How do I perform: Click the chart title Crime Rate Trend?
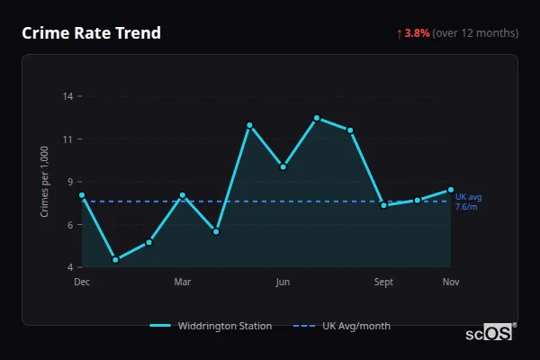click(91, 33)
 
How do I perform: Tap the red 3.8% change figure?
click(417, 33)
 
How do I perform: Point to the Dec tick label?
click(82, 282)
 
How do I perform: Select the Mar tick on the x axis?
click(183, 282)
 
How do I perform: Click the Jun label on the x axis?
click(283, 282)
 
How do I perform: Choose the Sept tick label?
click(383, 282)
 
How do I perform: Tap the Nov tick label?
click(451, 282)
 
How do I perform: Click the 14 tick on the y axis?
click(67, 96)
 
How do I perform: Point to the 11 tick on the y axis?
click(67, 139)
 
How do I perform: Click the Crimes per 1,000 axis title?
click(45, 182)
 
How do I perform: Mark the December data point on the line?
click(82, 195)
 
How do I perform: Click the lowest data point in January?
click(115, 260)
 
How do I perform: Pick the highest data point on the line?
click(317, 118)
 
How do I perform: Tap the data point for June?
click(283, 166)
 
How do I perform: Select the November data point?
click(451, 190)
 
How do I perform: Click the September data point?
click(383, 205)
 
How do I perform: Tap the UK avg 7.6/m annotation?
click(468, 202)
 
